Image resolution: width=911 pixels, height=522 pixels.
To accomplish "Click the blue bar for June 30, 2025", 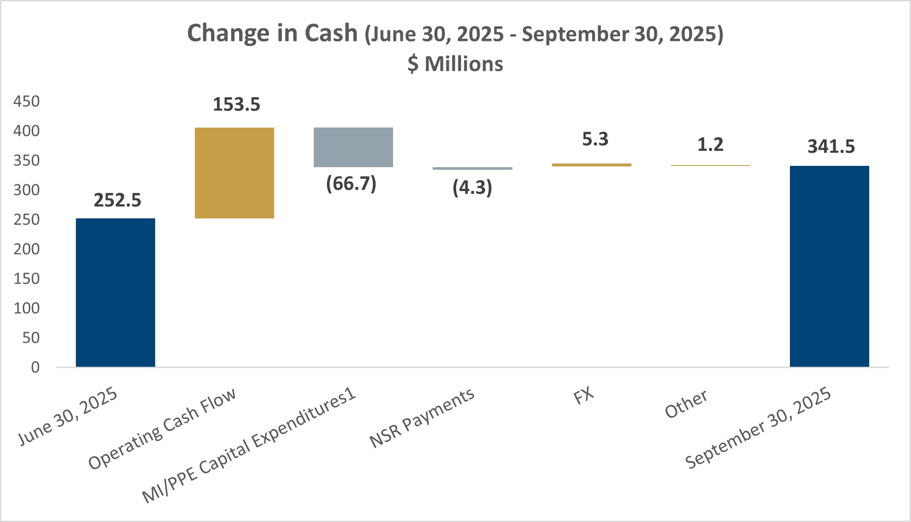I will [116, 293].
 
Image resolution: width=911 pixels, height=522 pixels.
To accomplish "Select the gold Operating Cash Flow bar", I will [234, 173].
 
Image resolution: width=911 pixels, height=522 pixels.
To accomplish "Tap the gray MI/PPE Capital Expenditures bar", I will [353, 147].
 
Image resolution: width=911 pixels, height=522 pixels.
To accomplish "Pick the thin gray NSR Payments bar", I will [472, 168].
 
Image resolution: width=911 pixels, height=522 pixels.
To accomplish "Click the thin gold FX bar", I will [591, 165].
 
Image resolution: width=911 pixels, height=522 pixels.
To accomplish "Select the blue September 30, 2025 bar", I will [829, 266].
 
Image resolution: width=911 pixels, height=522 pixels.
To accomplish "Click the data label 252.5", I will [117, 200].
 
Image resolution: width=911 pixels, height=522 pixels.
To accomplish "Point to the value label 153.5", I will [236, 104].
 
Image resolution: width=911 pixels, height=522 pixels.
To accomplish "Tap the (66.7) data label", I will [351, 184].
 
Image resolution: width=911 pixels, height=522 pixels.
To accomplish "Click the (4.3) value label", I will [472, 188].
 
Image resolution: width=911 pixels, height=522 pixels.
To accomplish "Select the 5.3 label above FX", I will [595, 139].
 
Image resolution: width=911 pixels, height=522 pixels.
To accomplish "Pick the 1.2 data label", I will [710, 145].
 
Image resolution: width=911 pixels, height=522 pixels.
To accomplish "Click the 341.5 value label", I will [831, 146].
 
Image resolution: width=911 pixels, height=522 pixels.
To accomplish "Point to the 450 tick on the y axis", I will [26, 101].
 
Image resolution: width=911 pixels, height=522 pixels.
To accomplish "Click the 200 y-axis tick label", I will [26, 249].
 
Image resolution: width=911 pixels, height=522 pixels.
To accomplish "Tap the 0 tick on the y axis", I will [35, 367].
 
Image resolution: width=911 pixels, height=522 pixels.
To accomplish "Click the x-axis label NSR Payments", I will [422, 418].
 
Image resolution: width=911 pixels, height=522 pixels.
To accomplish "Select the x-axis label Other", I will [686, 403].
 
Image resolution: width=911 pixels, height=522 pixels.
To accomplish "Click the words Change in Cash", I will [272, 33].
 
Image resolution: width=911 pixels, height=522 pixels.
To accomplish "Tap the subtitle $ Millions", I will [455, 64].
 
